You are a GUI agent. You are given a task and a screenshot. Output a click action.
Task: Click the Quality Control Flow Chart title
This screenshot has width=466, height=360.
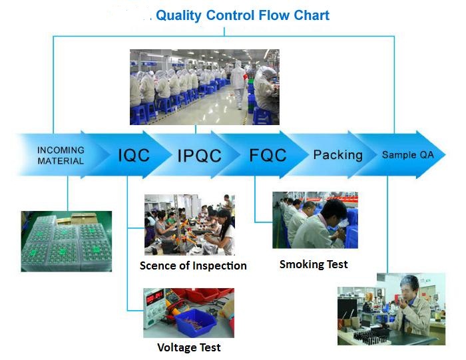(x=242, y=16)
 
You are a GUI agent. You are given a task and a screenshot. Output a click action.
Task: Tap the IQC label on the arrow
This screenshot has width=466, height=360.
(x=134, y=155)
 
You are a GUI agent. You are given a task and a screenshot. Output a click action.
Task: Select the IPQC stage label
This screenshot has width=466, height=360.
(x=200, y=155)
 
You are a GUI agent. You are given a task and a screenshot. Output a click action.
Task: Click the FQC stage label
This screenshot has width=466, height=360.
(x=268, y=155)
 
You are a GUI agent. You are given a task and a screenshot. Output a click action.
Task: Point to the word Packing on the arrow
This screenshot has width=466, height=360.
(x=338, y=155)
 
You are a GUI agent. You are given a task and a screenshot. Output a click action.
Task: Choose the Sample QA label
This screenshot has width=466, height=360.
(x=407, y=155)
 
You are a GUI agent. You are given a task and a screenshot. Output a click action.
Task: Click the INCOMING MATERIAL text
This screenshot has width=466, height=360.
(x=61, y=155)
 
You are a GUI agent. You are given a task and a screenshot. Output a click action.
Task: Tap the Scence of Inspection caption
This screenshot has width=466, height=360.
(x=193, y=266)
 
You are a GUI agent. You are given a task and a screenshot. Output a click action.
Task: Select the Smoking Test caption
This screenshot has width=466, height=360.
(x=314, y=264)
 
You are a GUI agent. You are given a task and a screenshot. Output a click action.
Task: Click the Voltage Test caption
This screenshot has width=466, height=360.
(x=189, y=347)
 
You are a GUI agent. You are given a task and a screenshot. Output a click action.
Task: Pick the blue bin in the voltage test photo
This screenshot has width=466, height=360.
(x=196, y=322)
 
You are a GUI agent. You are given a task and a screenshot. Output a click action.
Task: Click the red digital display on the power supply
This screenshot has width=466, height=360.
(x=154, y=297)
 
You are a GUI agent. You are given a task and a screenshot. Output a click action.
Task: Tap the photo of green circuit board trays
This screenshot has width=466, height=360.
(x=67, y=241)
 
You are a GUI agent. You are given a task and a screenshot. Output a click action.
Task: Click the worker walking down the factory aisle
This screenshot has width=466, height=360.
(x=238, y=84)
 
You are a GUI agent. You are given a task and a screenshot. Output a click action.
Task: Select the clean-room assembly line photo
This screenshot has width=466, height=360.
(x=204, y=87)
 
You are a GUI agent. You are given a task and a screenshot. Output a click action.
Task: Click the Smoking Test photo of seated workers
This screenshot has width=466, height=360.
(x=315, y=220)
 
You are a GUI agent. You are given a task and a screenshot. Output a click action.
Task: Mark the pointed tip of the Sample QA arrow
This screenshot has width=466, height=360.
(x=445, y=154)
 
